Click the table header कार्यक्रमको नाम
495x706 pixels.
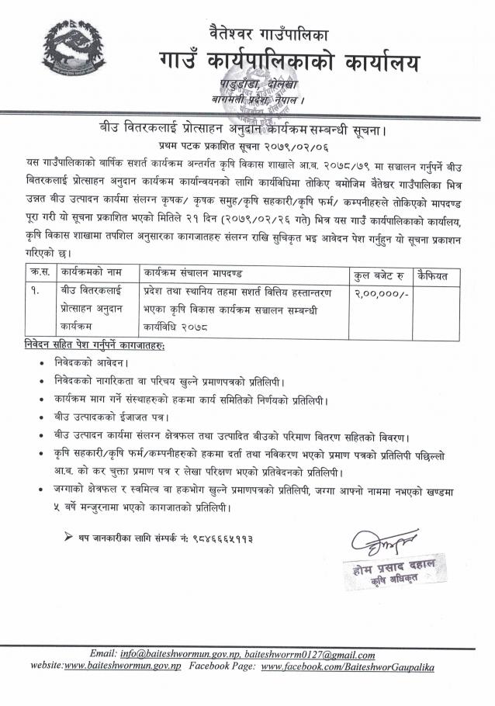(x=92, y=274)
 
